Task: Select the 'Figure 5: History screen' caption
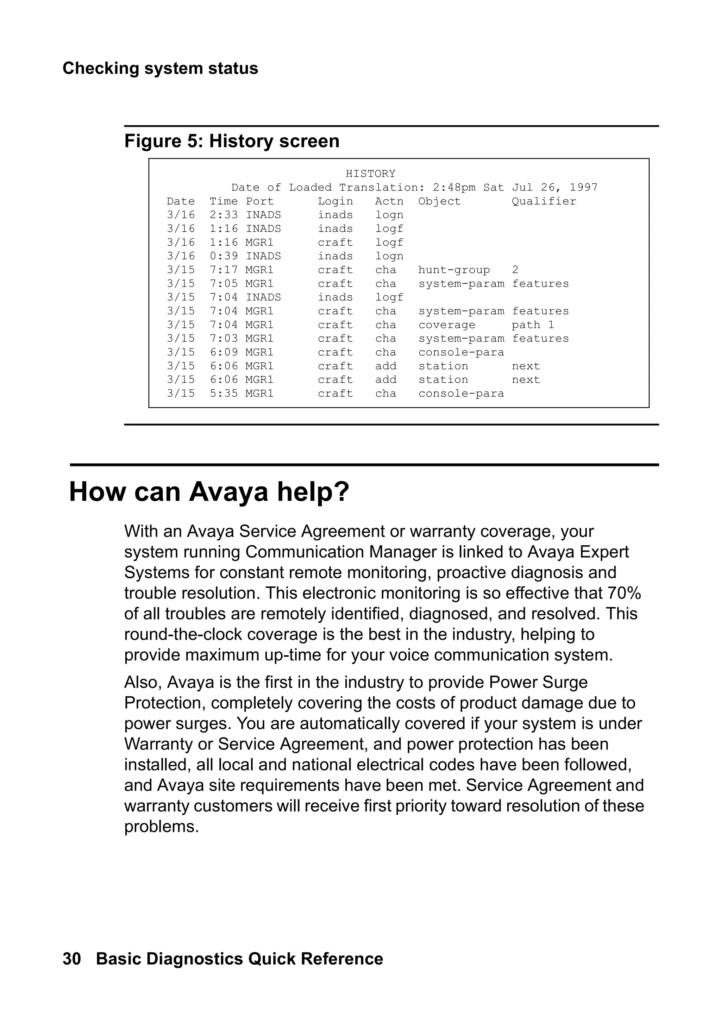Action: pyautogui.click(x=232, y=141)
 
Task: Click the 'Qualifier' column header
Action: pyautogui.click(x=544, y=201)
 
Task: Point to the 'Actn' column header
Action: pyautogui.click(x=389, y=201)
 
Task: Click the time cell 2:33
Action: pyautogui.click(x=224, y=215)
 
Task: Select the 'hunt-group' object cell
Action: pyautogui.click(x=454, y=270)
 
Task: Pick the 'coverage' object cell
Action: pyautogui.click(x=446, y=325)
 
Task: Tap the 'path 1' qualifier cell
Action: pyautogui.click(x=533, y=325)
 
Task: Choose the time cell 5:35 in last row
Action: pyautogui.click(x=224, y=394)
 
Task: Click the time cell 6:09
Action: pyautogui.click(x=224, y=352)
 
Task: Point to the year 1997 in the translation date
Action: pyautogui.click(x=583, y=187)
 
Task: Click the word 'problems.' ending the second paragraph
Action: pyautogui.click(x=161, y=827)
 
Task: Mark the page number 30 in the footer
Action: pyautogui.click(x=72, y=959)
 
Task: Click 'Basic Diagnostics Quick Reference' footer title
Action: pyautogui.click(x=239, y=959)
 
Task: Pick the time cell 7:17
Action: pyautogui.click(x=224, y=270)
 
